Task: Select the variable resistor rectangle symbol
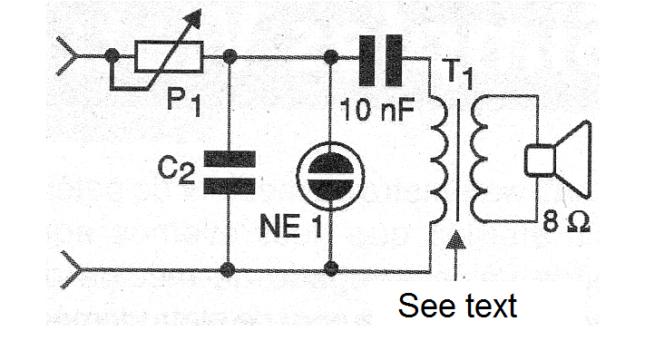[169, 57]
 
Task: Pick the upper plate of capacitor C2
[230, 159]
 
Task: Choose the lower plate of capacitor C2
[230, 186]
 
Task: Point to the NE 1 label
[291, 226]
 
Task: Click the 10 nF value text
[377, 110]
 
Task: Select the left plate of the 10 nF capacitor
[366, 61]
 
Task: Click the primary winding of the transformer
[437, 160]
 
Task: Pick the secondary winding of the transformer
[477, 160]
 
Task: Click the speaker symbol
[558, 161]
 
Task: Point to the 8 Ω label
[566, 222]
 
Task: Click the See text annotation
[457, 306]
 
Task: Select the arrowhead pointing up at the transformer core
[455, 239]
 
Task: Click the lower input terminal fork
[73, 269]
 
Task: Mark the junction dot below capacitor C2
[228, 270]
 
